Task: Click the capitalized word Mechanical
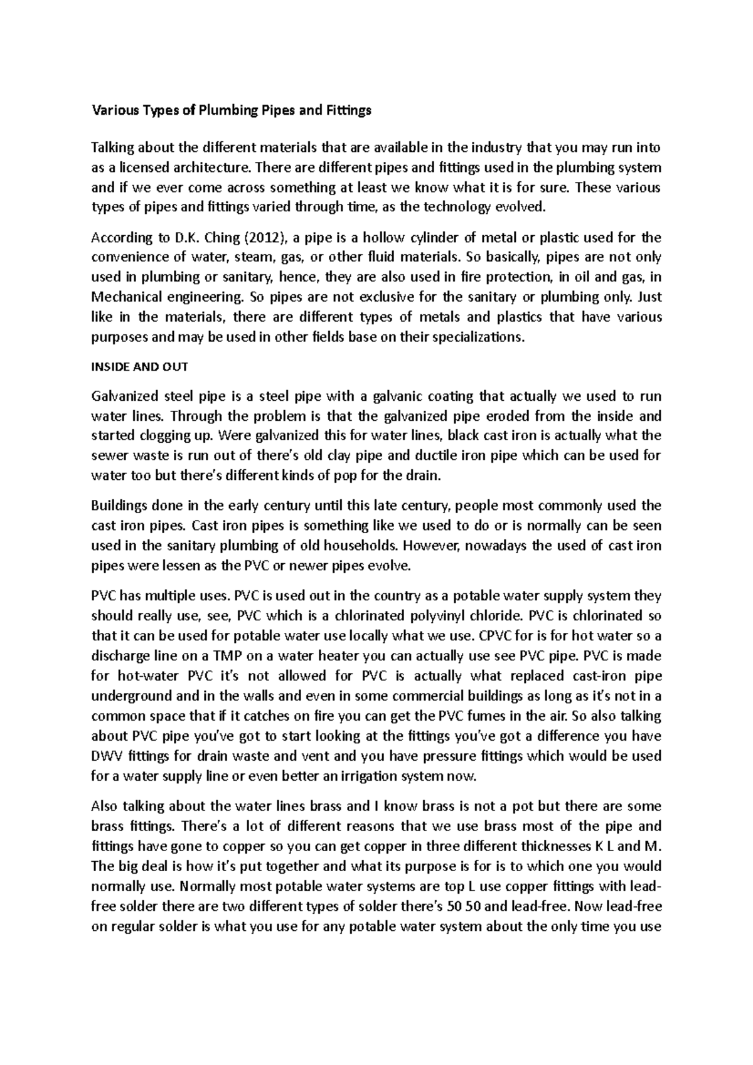pos(124,297)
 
